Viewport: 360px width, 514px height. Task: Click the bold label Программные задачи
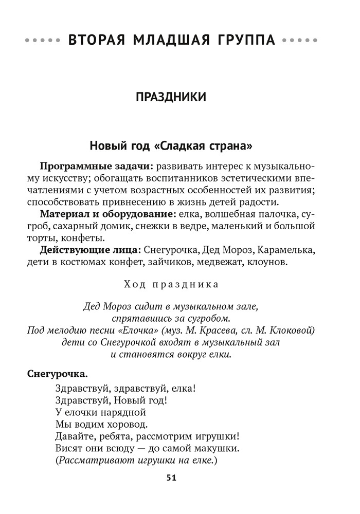pyautogui.click(x=96, y=167)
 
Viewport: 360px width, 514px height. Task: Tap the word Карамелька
pyautogui.click(x=286, y=250)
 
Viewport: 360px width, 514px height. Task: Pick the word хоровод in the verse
pyautogui.click(x=123, y=424)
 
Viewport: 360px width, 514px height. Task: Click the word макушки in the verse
pyautogui.click(x=216, y=448)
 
